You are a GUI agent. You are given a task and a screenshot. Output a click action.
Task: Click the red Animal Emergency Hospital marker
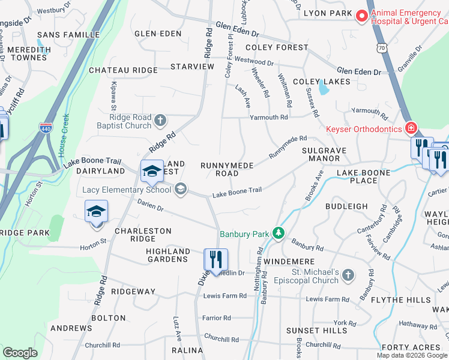pyautogui.click(x=361, y=17)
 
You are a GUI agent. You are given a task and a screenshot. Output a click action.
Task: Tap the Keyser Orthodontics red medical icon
pyautogui.click(x=411, y=128)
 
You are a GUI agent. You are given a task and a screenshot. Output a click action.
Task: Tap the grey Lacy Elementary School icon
pyautogui.click(x=180, y=190)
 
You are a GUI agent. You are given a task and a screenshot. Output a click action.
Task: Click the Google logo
pyautogui.click(x=20, y=352)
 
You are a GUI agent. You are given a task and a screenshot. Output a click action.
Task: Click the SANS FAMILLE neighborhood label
pyautogui.click(x=68, y=35)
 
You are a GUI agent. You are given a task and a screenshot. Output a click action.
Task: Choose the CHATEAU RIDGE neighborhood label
pyautogui.click(x=123, y=70)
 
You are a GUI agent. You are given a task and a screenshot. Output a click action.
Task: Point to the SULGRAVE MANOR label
pyautogui.click(x=325, y=154)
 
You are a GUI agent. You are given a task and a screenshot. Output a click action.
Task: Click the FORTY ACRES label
pyautogui.click(x=411, y=347)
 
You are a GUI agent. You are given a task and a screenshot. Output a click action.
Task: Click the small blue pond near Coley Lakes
pyautogui.click(x=324, y=89)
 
